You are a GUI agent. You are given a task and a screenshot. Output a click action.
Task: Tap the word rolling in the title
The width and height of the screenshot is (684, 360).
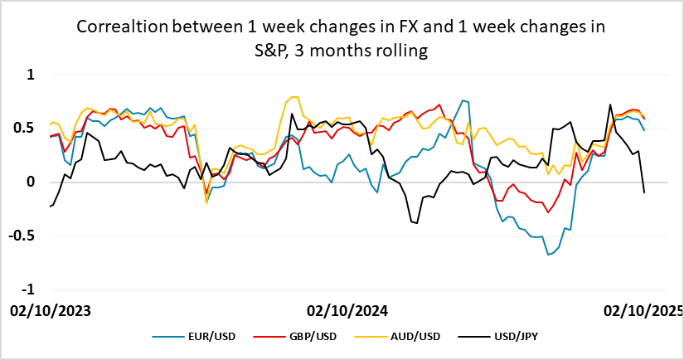401,51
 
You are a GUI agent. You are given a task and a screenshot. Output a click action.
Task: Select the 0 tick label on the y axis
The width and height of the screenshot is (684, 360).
32,182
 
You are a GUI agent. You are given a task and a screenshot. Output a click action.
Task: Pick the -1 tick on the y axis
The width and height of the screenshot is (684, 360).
29,289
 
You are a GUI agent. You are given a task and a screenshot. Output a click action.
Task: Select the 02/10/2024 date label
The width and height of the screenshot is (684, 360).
347,311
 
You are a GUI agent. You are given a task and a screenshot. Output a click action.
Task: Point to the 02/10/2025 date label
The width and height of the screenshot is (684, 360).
643,311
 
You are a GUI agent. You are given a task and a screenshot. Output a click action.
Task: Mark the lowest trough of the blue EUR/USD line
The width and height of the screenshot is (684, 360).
548,255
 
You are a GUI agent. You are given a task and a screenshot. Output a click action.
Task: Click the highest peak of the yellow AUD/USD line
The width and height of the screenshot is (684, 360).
293,97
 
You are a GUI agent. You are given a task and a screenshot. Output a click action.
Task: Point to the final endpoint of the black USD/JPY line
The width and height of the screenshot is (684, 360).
644,192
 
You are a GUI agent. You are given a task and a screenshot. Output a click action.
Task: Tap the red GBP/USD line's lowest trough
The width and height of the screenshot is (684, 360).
548,212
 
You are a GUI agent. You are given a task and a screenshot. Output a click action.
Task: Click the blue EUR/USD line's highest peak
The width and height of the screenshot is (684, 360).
463,100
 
